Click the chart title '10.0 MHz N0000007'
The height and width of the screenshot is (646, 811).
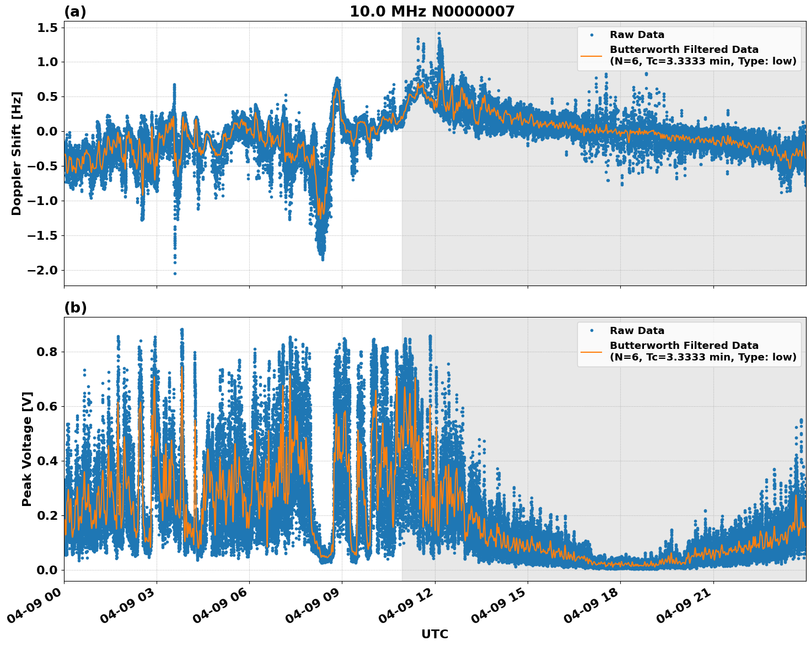432,12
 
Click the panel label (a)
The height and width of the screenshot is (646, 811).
75,12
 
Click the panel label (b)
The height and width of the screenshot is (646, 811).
75,308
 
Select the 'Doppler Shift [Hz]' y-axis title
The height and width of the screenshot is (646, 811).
17,153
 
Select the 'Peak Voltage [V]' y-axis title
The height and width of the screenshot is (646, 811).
27,449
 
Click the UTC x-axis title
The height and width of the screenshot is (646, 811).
434,634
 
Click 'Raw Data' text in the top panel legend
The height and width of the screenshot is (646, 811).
637,35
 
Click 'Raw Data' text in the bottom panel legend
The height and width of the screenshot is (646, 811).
637,331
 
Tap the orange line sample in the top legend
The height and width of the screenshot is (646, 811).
591,55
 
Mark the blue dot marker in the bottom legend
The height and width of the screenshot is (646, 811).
592,331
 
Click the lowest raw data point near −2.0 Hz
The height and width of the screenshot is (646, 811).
175,273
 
